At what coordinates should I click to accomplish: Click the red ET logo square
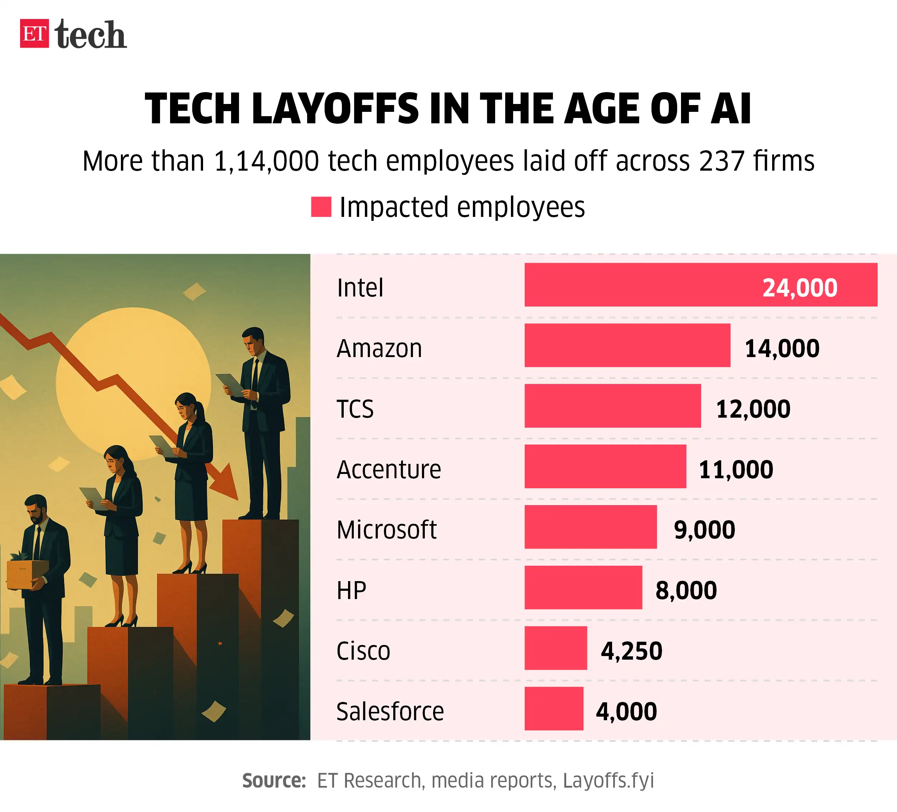[34, 33]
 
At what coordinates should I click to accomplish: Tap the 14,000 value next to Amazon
[782, 348]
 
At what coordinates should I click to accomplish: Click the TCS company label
[354, 409]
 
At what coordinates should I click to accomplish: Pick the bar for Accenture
[605, 466]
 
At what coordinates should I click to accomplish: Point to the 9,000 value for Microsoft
[704, 530]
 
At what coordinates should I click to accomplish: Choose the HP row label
[351, 590]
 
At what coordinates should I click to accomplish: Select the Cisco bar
[555, 648]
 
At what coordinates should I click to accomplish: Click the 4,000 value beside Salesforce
[626, 712]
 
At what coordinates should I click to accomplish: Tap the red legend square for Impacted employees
[321, 207]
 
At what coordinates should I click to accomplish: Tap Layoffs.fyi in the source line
[608, 780]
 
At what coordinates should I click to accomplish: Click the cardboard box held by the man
[27, 574]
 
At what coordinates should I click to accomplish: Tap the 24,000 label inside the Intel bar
[799, 288]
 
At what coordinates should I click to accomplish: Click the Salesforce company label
[390, 712]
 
